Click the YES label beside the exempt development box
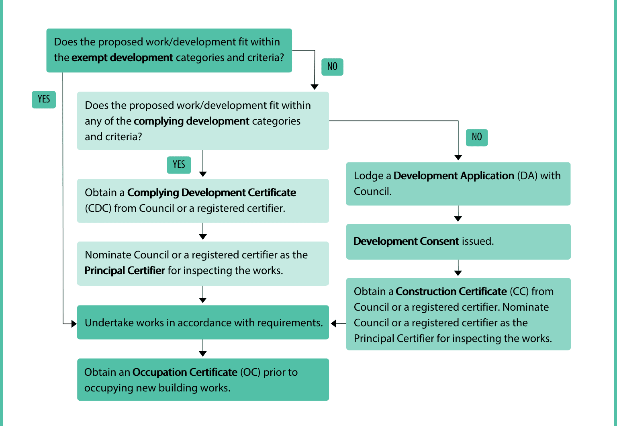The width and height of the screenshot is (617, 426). click(44, 100)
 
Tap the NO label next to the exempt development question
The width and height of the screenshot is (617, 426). click(332, 67)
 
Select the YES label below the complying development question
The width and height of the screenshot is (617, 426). click(179, 165)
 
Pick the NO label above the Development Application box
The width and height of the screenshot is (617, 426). click(477, 137)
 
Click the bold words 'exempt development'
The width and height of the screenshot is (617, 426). click(122, 57)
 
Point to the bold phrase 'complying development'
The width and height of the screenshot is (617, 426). click(192, 121)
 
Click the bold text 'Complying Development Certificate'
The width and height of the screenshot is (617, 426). click(212, 193)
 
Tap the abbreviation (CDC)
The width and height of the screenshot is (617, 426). click(98, 208)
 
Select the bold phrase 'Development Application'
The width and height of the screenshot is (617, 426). click(454, 176)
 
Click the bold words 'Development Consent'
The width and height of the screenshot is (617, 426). click(406, 241)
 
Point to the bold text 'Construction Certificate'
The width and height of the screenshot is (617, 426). click(451, 291)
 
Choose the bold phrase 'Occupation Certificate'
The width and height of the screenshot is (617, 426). click(185, 372)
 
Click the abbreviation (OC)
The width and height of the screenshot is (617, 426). click(250, 372)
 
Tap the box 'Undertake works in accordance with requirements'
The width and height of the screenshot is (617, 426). click(203, 322)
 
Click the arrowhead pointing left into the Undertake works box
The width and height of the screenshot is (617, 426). click(333, 324)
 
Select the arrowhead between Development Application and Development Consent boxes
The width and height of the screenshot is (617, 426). click(458, 219)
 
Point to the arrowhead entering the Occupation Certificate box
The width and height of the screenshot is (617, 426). click(203, 354)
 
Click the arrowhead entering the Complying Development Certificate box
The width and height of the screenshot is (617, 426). click(203, 174)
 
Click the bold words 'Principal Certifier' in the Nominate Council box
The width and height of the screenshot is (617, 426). click(125, 270)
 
